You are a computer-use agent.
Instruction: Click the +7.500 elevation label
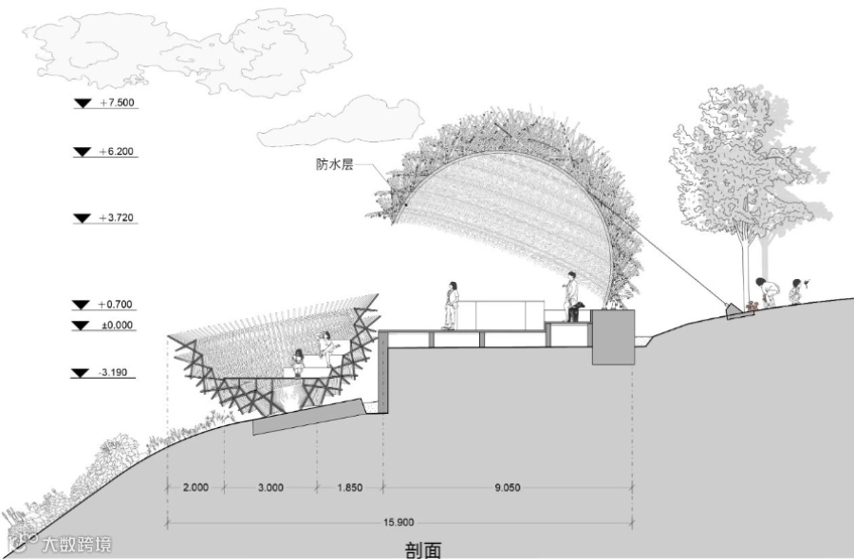tap(117, 103)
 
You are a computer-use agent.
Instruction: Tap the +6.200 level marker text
tap(117, 152)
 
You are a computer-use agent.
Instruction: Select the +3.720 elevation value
tap(117, 218)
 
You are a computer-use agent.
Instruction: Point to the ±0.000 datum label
tap(116, 326)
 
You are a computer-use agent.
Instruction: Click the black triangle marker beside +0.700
tap(80, 305)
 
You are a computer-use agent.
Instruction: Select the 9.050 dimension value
tap(508, 487)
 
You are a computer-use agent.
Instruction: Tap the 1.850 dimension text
tap(348, 487)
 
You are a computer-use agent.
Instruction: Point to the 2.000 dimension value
tap(195, 487)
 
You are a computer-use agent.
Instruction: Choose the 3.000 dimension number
tap(270, 487)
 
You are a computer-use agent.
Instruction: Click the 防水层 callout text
tap(334, 163)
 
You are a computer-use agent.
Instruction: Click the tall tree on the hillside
tap(745, 180)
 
